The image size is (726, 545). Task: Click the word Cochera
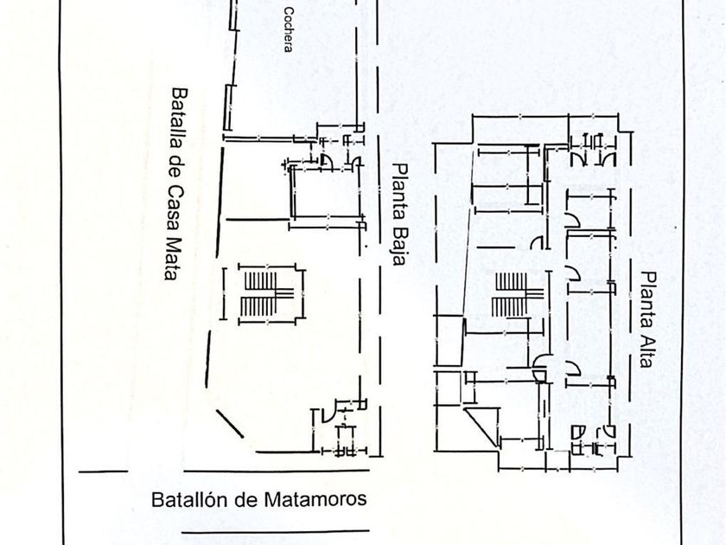tap(289, 30)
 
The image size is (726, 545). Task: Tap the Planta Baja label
tap(398, 215)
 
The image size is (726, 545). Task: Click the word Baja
tap(398, 247)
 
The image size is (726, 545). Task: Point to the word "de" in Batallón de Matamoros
tap(245, 499)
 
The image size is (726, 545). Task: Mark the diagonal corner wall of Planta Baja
tap(230, 425)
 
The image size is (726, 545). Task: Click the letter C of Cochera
tap(289, 12)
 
